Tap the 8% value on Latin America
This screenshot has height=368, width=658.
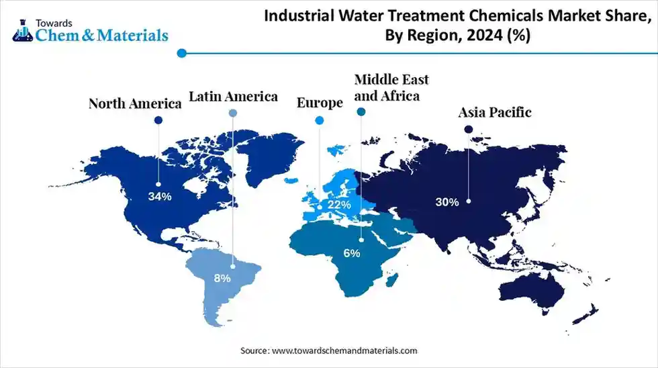tap(222, 277)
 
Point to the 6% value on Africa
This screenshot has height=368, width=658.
tap(352, 253)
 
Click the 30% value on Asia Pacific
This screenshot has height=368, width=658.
tap(447, 201)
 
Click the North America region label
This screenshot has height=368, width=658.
tap(136, 103)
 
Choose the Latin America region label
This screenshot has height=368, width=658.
tap(233, 97)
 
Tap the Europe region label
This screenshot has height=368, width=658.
tap(320, 103)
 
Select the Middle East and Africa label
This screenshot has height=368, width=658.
tap(391, 87)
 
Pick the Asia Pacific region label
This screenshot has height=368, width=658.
tap(495, 112)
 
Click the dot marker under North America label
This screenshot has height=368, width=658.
tap(158, 120)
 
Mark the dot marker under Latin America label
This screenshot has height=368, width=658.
tap(233, 113)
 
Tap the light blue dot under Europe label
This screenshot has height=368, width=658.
tap(320, 120)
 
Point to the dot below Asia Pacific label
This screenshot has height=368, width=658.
tap(469, 129)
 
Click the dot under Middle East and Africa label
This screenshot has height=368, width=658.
tap(361, 113)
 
